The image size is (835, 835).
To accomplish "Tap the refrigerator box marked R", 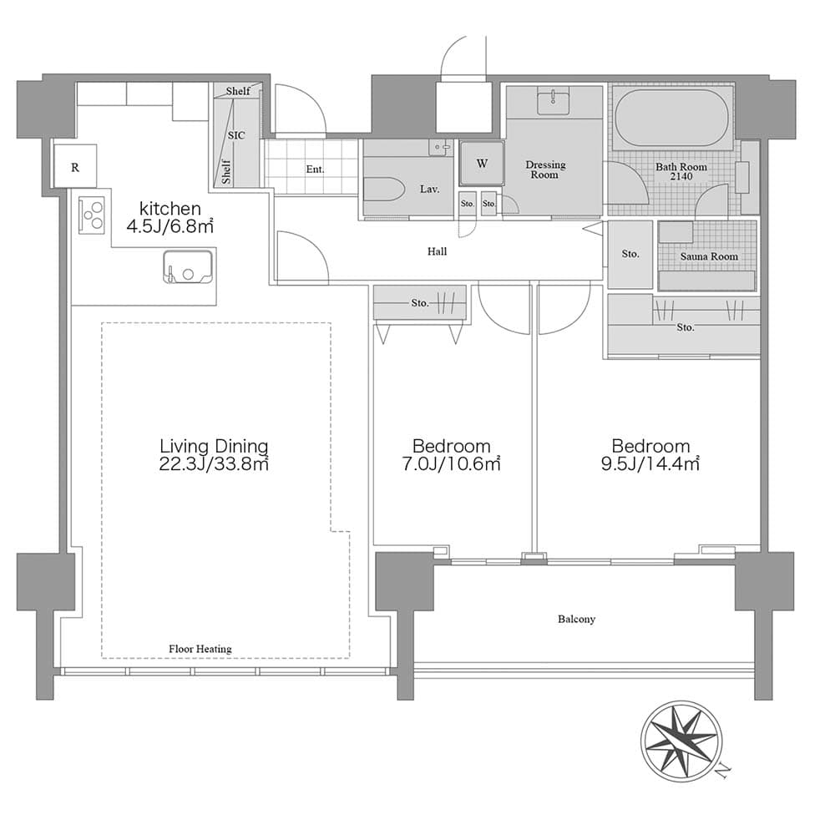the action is [x=75, y=165].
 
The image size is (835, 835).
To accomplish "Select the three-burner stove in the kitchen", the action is [x=92, y=215].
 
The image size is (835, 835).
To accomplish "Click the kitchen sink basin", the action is [x=187, y=267].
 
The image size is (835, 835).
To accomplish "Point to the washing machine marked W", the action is [x=482, y=163].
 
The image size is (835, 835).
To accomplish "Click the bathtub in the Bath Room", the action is [x=672, y=119].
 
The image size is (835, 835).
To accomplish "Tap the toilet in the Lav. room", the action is [x=382, y=189].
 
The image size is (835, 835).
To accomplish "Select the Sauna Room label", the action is [x=709, y=256].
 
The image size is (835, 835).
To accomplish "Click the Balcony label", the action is [x=577, y=619].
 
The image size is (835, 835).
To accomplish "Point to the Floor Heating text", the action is [x=200, y=649].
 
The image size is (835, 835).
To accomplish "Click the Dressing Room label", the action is [x=545, y=170].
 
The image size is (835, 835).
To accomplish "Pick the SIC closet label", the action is [x=236, y=135].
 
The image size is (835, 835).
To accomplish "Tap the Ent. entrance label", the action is [x=315, y=170].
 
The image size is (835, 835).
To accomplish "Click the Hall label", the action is [x=438, y=251].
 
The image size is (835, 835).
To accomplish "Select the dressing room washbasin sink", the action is [x=554, y=102].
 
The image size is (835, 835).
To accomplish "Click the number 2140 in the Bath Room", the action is [x=681, y=176].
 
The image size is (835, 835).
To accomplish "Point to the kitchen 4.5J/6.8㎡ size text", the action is [x=170, y=226].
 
